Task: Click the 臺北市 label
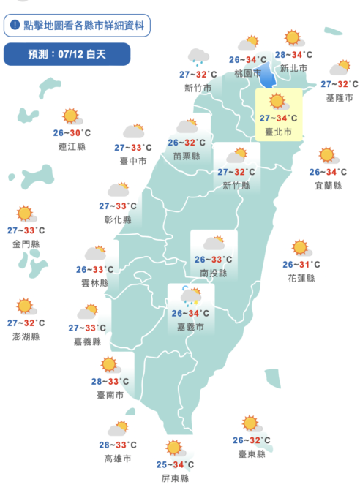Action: coord(277,132)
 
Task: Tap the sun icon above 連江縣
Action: coord(70,115)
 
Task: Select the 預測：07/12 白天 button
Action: coord(67,54)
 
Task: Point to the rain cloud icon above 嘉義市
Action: coord(190,295)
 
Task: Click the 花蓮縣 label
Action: coord(301,279)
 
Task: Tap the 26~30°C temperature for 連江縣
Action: coord(72,132)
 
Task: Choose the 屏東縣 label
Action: coord(174,478)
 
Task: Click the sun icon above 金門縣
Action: coord(26,214)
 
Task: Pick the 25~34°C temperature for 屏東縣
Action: coord(174,464)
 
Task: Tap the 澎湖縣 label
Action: coord(26,336)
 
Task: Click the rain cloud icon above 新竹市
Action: coord(198,56)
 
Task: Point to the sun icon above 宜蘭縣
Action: coord(326,155)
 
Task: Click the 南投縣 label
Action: coord(213,273)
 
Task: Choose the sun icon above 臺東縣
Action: coord(251,423)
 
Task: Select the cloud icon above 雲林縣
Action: coord(95,253)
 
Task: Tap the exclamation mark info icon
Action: coord(15,25)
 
